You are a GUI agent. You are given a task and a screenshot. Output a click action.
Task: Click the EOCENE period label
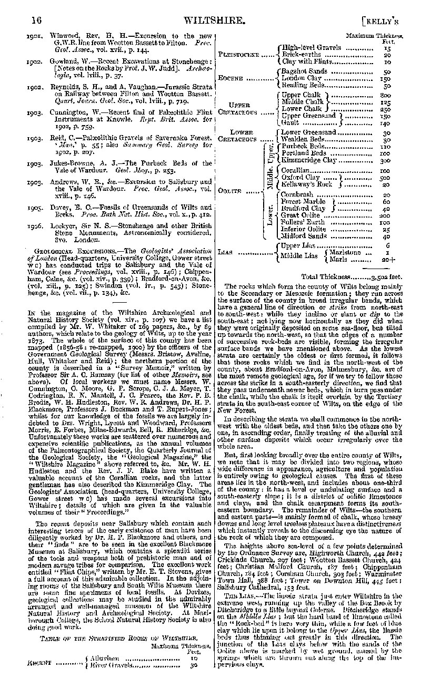(x=233, y=78)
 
